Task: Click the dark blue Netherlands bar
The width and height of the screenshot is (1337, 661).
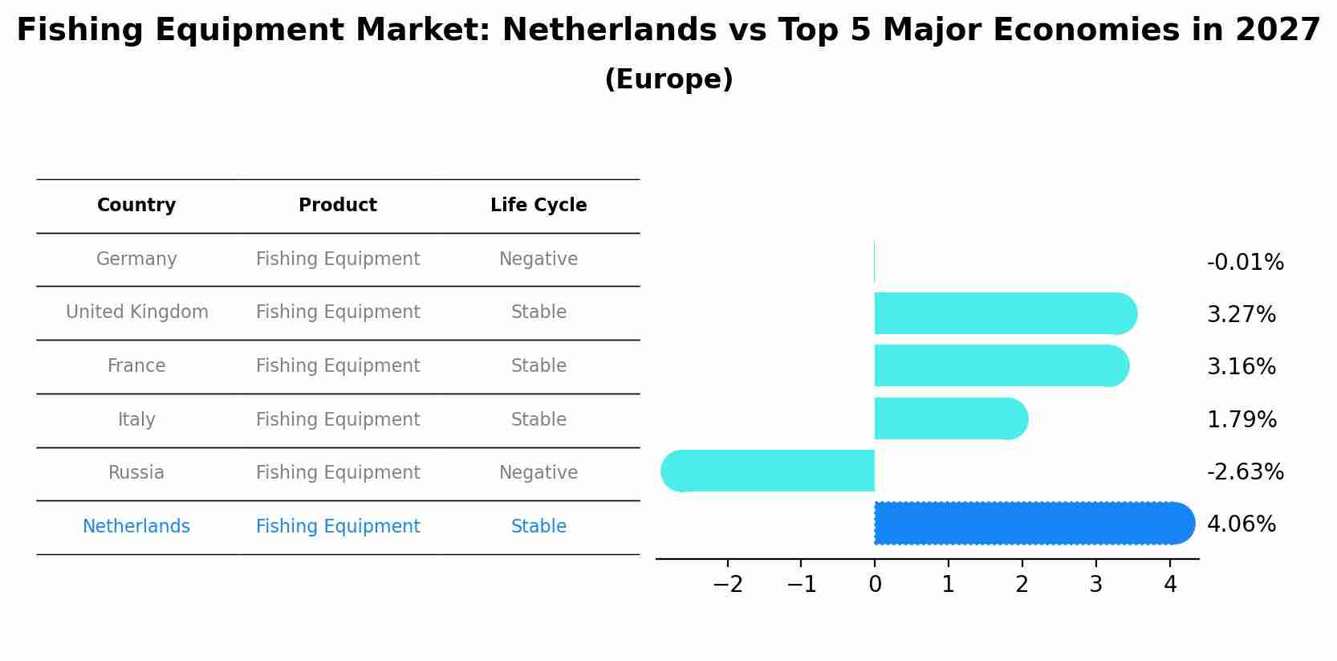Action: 1034,523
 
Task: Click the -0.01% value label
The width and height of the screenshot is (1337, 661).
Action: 1245,263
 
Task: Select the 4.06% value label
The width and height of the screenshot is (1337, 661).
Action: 1241,524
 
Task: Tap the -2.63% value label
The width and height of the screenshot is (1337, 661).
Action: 1245,471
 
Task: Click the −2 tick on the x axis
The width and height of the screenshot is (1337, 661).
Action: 728,584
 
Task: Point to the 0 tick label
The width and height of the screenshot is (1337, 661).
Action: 875,584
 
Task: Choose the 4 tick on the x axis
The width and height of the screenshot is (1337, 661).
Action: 1170,584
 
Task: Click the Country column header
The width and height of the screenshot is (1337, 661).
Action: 136,206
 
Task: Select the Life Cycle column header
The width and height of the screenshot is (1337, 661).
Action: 538,206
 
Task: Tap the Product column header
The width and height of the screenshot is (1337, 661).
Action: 338,206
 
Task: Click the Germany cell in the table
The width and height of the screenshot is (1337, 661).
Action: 136,259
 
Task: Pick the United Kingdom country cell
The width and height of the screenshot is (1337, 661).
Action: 136,312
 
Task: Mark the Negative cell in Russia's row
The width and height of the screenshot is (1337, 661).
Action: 538,473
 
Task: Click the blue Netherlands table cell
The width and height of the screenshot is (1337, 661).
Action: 136,527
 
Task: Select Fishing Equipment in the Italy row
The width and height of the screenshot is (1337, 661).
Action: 338,420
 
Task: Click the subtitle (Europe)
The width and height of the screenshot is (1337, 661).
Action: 668,80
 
